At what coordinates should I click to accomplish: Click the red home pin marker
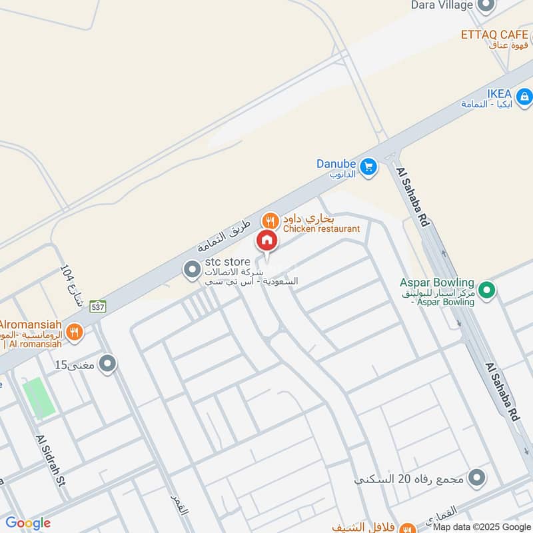(x=266, y=241)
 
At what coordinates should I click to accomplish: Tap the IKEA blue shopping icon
(x=524, y=98)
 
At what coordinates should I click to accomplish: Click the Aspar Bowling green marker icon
(x=487, y=289)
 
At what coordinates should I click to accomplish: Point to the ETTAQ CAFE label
(x=495, y=34)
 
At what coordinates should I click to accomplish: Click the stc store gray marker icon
(x=193, y=269)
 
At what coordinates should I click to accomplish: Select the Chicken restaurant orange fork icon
(x=270, y=220)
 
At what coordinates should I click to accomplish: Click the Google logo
(x=28, y=522)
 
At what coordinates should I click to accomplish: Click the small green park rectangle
(x=39, y=398)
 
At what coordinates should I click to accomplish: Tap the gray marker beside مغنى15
(x=107, y=364)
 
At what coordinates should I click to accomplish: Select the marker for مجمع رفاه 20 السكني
(x=476, y=478)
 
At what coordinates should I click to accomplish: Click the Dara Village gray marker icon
(x=486, y=5)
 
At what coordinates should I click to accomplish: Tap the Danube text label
(x=336, y=163)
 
